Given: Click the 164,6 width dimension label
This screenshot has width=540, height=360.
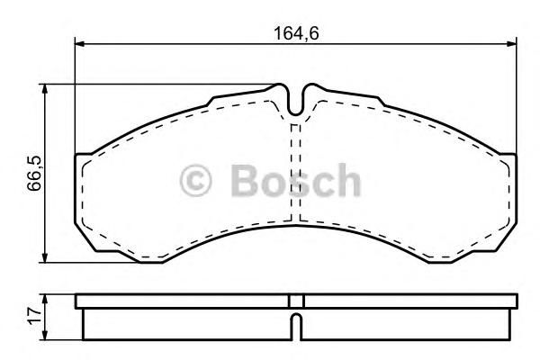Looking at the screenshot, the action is coord(296,33).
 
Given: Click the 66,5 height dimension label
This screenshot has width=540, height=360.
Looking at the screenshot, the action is coord(34,174).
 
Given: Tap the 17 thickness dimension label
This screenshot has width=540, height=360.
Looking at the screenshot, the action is coord(35,316).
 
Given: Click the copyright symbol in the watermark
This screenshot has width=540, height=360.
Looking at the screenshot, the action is coord(195,181).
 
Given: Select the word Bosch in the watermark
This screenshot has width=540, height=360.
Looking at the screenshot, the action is coord(295,180).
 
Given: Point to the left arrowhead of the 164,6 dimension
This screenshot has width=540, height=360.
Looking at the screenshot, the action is coord(79,44).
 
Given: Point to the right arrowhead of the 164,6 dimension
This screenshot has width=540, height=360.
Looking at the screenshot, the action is coord(512,44).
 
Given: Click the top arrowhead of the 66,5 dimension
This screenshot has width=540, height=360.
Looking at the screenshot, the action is coord(44,89).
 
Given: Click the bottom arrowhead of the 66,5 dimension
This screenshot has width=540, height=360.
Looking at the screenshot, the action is coord(44,257).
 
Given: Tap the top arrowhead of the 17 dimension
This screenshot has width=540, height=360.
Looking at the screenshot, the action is coord(44,299).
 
